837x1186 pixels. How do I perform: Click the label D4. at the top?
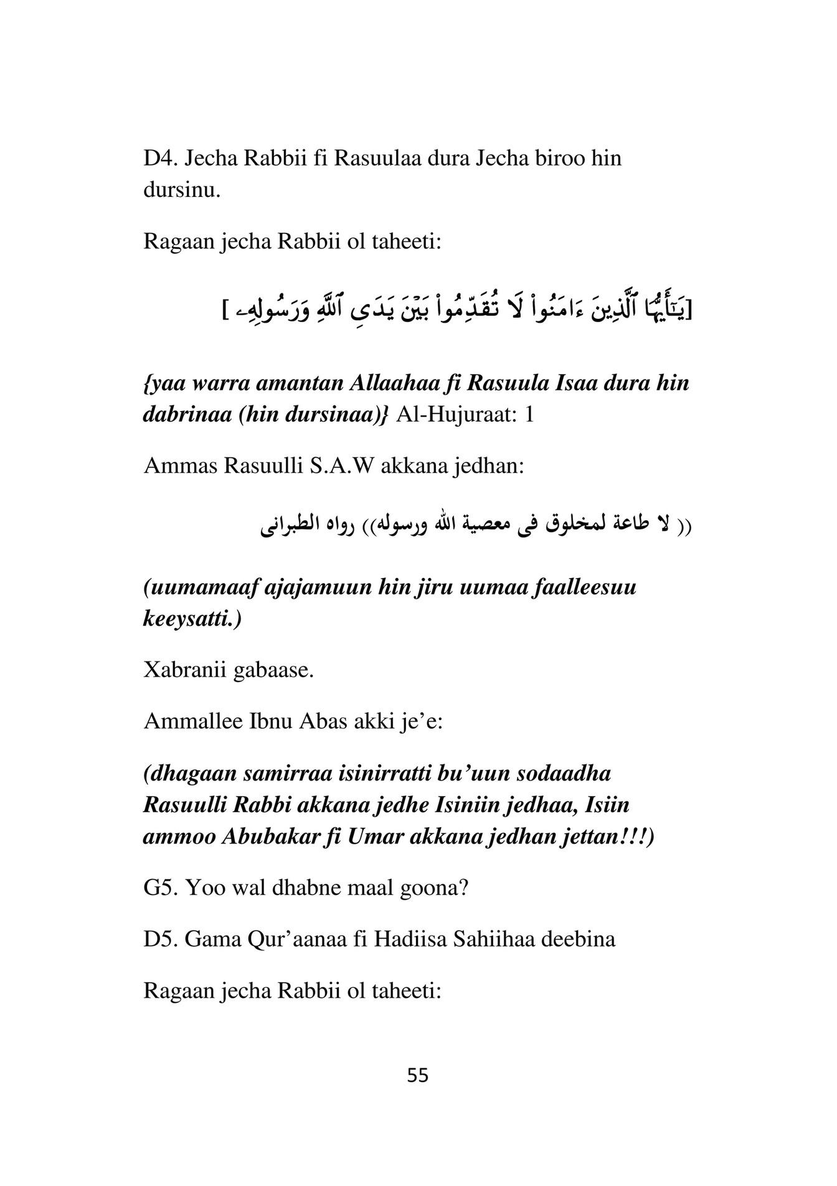pos(161,158)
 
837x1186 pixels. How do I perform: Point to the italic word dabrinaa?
pos(186,414)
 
